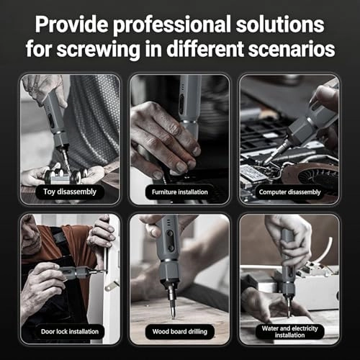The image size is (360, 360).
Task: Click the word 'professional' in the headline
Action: [x=172, y=25]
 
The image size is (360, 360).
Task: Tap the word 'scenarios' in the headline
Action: [x=292, y=49]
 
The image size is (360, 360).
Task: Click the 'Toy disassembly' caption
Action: [x=70, y=192]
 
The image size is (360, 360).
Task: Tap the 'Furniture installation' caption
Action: [x=180, y=192]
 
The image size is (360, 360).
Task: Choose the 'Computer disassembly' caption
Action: [x=289, y=192]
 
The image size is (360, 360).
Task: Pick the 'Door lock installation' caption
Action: [x=70, y=331]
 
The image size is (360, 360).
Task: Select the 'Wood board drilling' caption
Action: [x=180, y=331]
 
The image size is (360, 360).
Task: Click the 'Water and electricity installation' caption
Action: [x=289, y=331]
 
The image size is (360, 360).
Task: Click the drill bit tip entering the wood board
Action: [x=173, y=316]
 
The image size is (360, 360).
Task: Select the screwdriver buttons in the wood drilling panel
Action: [x=171, y=240]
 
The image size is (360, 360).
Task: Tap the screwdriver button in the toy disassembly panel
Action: [x=51, y=120]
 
